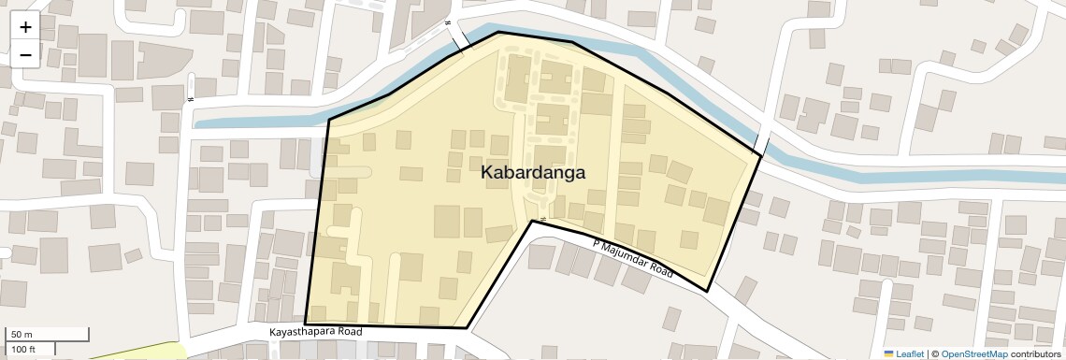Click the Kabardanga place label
[533, 173]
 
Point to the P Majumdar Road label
[633, 257]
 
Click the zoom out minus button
[25, 55]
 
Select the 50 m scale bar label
[22, 335]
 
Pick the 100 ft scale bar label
[24, 349]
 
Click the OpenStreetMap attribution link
[974, 353]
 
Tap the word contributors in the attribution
[1035, 353]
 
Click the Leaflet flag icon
[889, 353]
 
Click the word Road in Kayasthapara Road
[349, 332]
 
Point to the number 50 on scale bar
[17, 335]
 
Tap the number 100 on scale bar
[19, 349]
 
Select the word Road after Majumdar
[663, 270]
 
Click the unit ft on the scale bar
[32, 349]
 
